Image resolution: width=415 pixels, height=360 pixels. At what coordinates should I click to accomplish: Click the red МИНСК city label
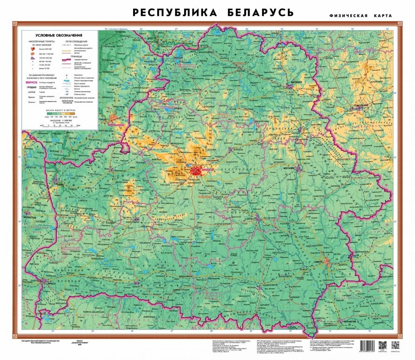tap(206, 169)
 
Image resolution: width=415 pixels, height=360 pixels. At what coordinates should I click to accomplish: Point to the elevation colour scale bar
tap(60, 113)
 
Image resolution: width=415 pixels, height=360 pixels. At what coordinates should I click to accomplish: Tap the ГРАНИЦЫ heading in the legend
tap(75, 56)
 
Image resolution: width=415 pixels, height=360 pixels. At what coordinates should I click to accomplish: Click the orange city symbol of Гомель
tap(328, 261)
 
